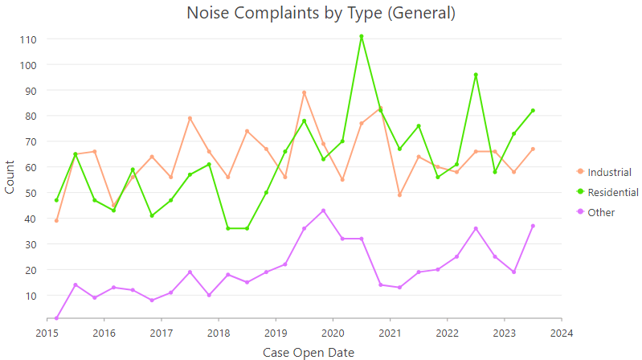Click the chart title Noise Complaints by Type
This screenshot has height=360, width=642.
(321, 14)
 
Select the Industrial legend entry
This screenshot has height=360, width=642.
(609, 172)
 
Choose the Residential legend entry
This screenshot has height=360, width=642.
(612, 192)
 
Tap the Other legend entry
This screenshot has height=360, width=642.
(602, 212)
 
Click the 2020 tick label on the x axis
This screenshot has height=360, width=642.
(333, 332)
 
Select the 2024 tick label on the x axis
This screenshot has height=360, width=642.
(562, 332)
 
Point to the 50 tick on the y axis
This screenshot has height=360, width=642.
(30, 193)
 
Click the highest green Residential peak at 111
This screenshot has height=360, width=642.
(362, 36)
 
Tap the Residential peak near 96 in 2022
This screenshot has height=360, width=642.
(476, 75)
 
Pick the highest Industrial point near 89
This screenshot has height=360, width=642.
(305, 92)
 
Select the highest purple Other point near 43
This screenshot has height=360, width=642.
(323, 211)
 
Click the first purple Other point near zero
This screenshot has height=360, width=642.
(56, 318)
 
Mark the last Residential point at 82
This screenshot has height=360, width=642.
(533, 111)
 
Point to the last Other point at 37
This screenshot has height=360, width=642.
(533, 226)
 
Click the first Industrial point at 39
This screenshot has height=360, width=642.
(56, 221)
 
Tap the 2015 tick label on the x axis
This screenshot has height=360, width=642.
(47, 332)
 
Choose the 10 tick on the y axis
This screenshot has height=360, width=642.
(30, 296)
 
